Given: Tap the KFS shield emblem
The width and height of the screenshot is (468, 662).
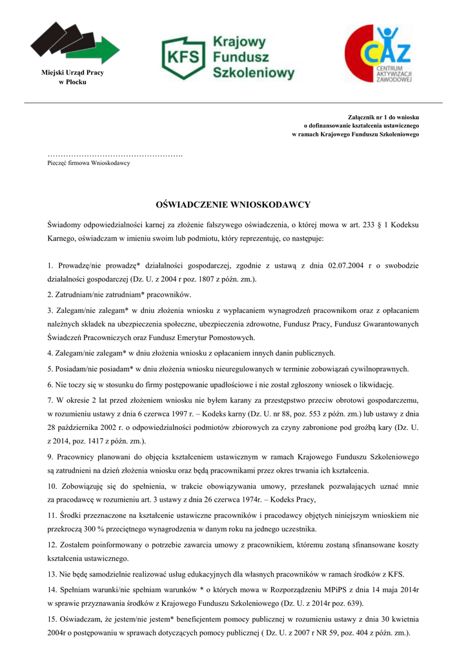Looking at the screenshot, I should tap(183, 58).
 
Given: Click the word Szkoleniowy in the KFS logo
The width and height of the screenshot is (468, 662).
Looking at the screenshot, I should tap(254, 72).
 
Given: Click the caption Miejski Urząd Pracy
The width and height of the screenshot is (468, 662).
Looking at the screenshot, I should tap(72, 72).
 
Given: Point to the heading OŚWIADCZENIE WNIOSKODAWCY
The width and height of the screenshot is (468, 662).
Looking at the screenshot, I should tap(233, 205).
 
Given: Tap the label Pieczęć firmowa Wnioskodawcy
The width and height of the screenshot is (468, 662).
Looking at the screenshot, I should tap(88, 163).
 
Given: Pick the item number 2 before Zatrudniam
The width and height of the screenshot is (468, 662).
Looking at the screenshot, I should tap(50, 294).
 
